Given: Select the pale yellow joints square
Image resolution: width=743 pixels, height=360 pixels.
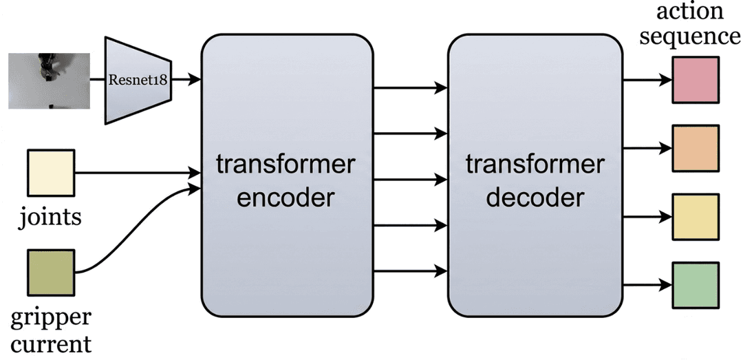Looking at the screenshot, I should click(x=50, y=173).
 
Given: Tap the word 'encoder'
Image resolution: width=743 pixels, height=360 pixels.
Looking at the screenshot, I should click(x=286, y=198).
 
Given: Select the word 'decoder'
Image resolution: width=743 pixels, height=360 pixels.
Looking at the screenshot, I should click(x=535, y=198).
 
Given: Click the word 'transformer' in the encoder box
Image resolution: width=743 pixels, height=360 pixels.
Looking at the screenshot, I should click(x=286, y=165).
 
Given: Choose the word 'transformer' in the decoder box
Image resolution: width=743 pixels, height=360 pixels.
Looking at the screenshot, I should click(x=535, y=165).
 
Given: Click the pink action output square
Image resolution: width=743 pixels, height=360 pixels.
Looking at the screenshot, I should click(x=696, y=80).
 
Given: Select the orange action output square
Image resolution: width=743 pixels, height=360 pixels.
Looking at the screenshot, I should click(x=696, y=147).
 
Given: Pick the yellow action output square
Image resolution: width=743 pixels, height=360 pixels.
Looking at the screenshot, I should click(x=696, y=216).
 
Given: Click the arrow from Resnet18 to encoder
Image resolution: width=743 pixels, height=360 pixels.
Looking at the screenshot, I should click(x=184, y=80).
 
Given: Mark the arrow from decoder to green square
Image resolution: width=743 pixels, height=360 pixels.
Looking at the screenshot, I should click(x=647, y=284).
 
